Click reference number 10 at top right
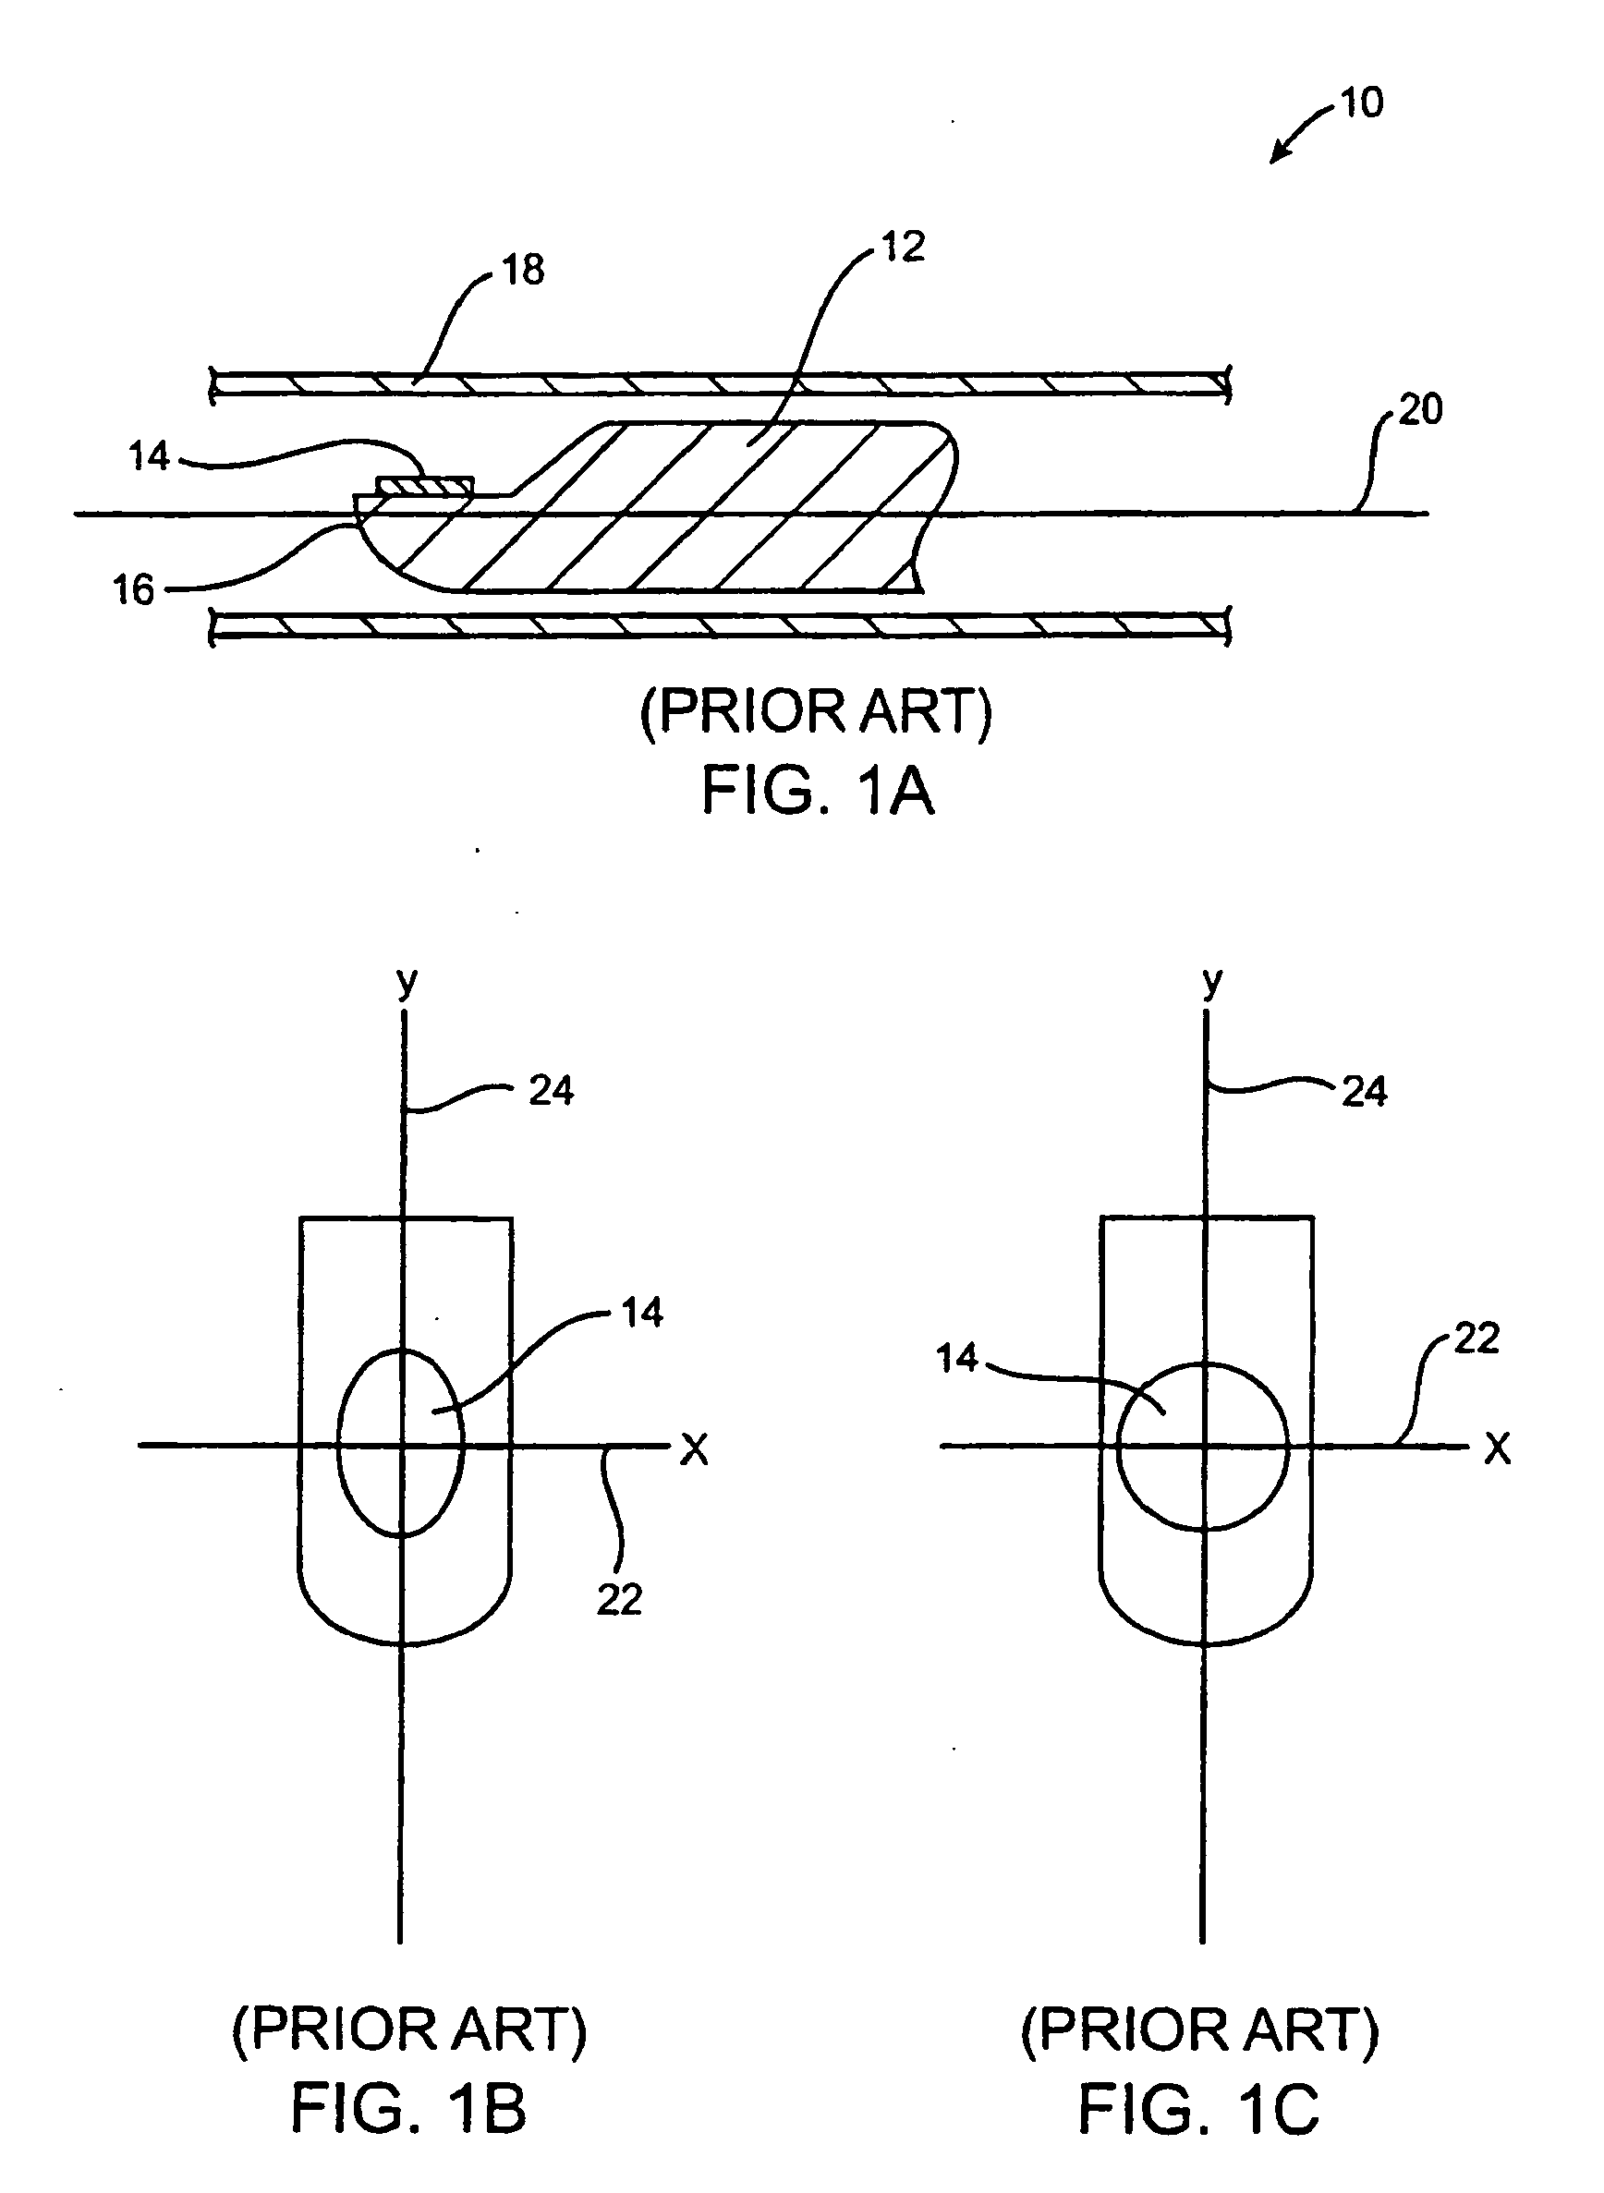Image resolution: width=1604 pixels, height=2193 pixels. click(1361, 102)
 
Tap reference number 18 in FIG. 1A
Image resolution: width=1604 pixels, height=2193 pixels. click(523, 270)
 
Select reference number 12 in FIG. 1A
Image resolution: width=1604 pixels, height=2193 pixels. click(903, 247)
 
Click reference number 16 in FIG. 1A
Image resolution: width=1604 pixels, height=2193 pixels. click(133, 589)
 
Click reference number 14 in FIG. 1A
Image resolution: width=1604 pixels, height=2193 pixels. click(149, 455)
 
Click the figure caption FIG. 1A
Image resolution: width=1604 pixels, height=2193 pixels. click(817, 790)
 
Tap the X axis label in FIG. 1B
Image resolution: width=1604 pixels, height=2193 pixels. click(694, 1449)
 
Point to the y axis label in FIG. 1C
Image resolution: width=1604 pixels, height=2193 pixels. click(1210, 983)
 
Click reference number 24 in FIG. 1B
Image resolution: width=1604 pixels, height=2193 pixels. click(551, 1091)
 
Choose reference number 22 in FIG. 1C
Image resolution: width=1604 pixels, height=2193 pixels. click(1476, 1339)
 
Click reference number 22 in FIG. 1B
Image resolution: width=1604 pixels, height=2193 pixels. click(618, 1599)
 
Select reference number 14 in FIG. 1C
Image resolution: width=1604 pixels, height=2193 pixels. click(956, 1358)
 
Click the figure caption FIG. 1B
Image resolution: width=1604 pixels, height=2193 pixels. click(408, 2109)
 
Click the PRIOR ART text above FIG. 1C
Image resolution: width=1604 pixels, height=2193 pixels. click(1199, 2029)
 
